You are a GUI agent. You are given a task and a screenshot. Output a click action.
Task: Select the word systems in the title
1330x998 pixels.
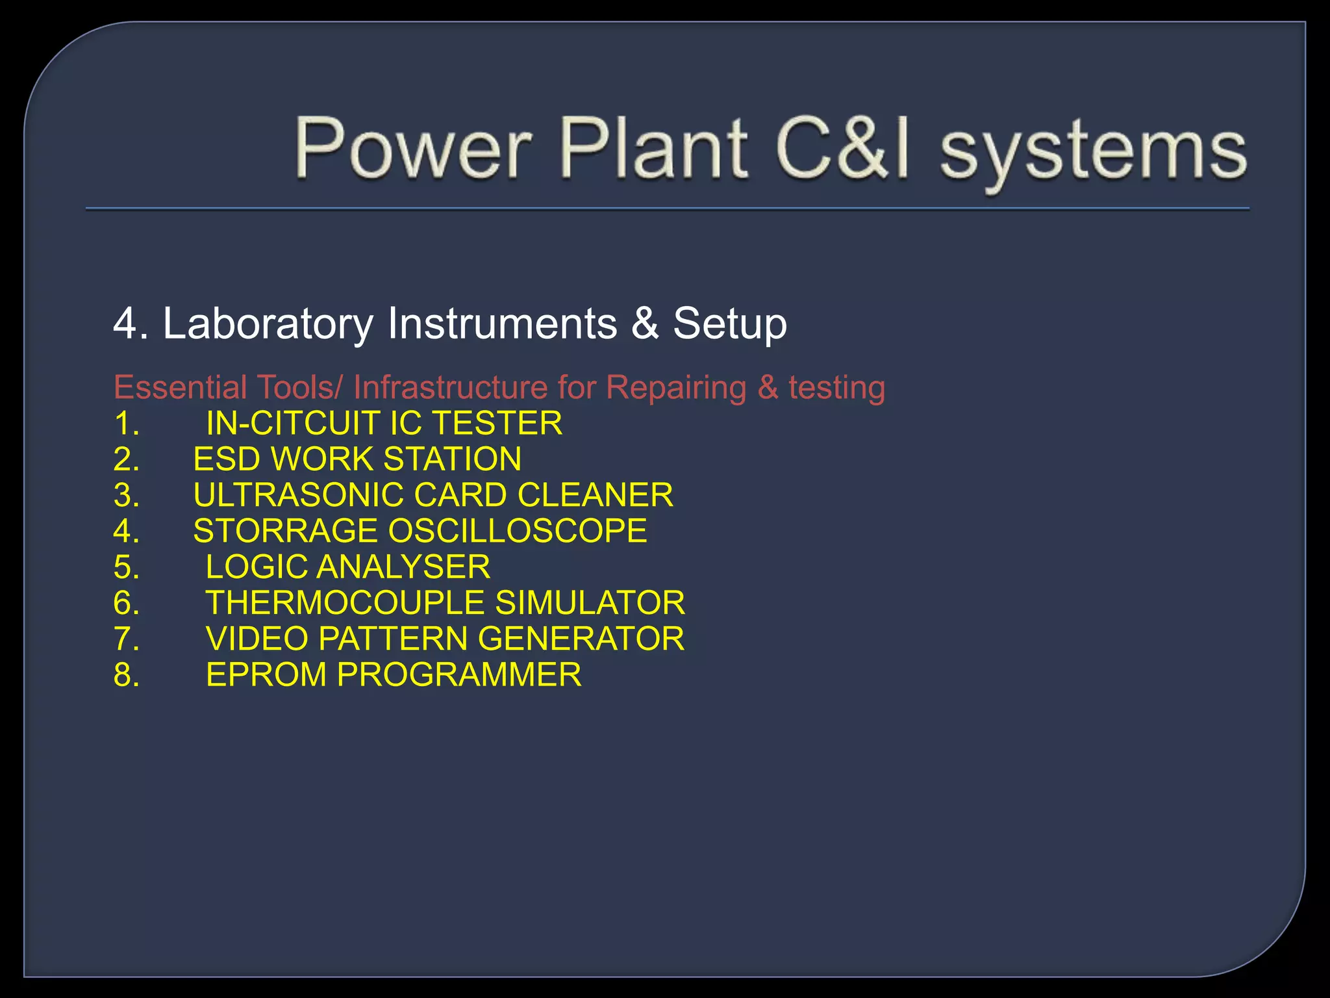point(1094,153)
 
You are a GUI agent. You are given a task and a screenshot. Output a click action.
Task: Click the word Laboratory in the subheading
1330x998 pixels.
point(268,323)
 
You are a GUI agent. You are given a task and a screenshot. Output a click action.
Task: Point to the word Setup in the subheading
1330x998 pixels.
point(729,324)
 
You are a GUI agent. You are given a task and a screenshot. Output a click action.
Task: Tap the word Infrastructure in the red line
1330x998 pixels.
point(451,387)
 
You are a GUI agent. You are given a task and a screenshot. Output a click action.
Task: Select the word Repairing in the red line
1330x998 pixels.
point(676,389)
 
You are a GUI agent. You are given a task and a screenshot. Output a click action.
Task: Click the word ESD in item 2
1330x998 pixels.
point(227,459)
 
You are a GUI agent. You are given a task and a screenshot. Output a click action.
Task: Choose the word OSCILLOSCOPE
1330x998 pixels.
point(518,531)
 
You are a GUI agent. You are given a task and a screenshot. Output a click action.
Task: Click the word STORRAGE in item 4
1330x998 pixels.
point(285,531)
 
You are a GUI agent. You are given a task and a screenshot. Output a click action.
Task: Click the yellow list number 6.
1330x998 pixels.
point(126,603)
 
